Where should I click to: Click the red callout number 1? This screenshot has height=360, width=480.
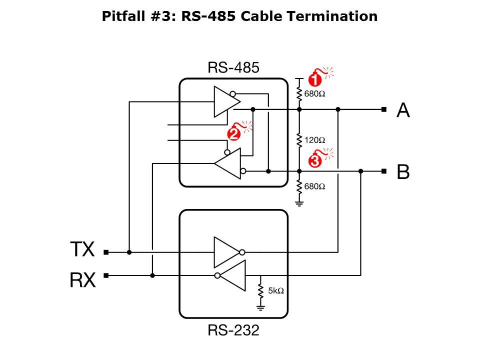[x=314, y=79]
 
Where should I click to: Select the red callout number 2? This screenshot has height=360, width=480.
[x=233, y=133]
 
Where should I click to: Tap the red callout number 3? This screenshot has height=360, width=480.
[x=315, y=161]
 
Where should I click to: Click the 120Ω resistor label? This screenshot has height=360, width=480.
[x=314, y=140]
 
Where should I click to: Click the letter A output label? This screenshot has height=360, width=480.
[x=403, y=110]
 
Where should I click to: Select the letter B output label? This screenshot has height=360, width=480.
[x=403, y=172]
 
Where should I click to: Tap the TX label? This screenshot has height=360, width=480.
[x=82, y=249]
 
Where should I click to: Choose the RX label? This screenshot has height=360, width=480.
[x=82, y=280]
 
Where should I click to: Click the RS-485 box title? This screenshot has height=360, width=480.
[x=233, y=68]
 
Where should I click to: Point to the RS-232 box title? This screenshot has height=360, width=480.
[x=233, y=330]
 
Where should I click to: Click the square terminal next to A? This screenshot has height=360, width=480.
[x=383, y=109]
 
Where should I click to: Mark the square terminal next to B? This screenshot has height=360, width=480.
[x=383, y=171]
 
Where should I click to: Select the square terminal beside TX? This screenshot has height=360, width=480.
[x=106, y=252]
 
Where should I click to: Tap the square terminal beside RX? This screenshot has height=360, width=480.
[x=106, y=275]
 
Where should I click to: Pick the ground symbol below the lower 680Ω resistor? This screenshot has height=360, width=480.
[x=299, y=202]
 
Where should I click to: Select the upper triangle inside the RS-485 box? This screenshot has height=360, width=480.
[x=226, y=101]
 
